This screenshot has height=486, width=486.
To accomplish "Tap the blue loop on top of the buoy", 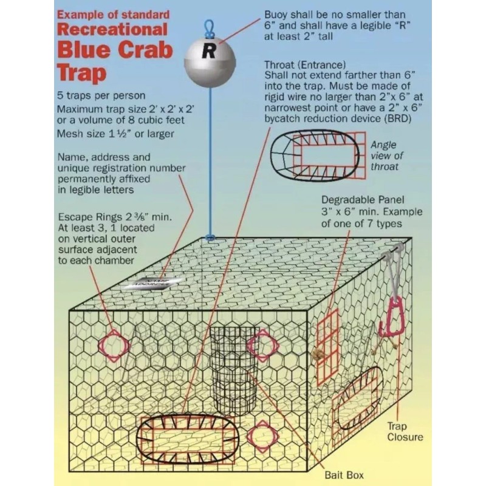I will pyautogui.click(x=210, y=27).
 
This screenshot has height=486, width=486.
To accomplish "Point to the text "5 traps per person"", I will pyautogui.click(x=101, y=96).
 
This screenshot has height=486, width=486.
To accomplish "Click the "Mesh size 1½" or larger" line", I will pyautogui.click(x=114, y=134).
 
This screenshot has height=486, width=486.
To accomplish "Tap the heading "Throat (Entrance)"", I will pyautogui.click(x=305, y=64).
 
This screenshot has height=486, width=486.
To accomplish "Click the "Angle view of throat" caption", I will pyautogui.click(x=386, y=156).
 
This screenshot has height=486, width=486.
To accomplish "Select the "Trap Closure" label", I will pyautogui.click(x=405, y=432).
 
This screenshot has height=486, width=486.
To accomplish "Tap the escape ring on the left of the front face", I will pyautogui.click(x=114, y=346).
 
